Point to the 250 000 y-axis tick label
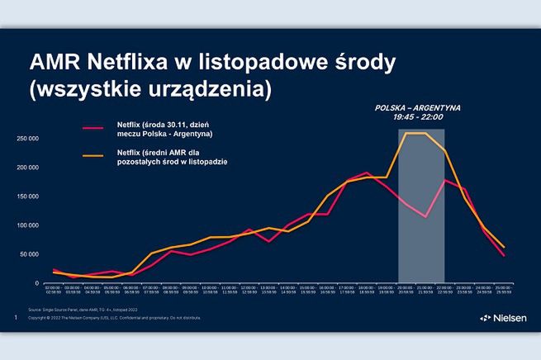coord(27,138)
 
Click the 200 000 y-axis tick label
coord(27,167)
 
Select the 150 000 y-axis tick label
coord(27,196)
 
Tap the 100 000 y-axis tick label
coord(27,225)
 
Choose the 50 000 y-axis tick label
coord(29,253)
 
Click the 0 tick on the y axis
coord(36,282)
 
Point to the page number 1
coord(16,317)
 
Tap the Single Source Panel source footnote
coord(95,310)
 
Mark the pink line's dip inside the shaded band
coord(425,217)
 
